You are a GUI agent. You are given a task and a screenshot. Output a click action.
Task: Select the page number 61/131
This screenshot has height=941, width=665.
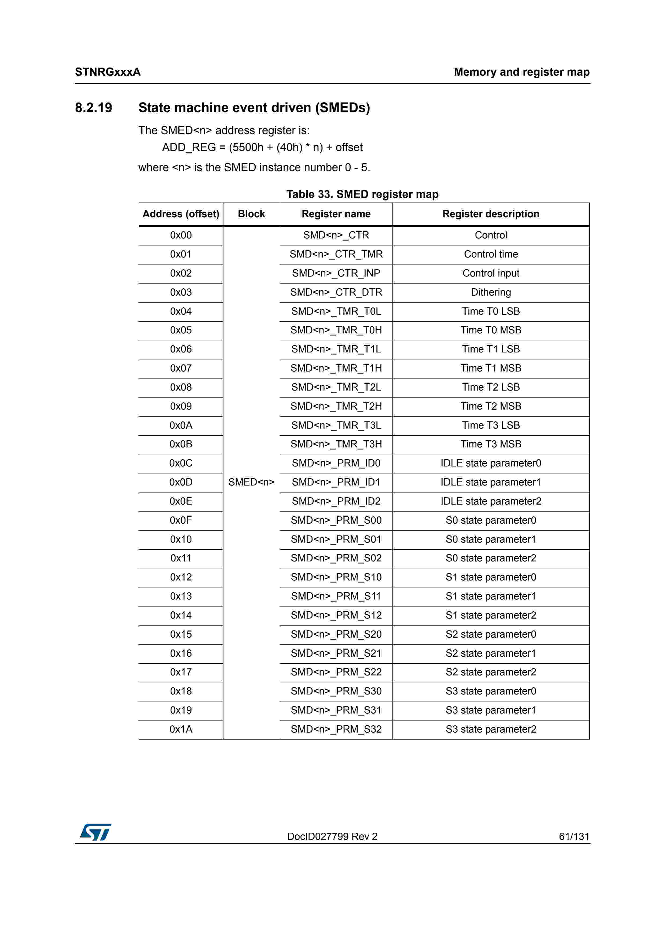pos(574,836)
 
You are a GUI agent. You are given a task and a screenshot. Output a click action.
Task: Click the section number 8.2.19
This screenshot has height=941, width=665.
pos(93,108)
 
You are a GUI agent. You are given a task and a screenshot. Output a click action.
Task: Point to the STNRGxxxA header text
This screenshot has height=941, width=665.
pos(108,72)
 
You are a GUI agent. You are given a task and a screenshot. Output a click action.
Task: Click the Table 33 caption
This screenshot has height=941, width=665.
pos(362,194)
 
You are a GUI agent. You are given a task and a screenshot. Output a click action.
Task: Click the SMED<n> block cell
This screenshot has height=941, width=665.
pos(251,482)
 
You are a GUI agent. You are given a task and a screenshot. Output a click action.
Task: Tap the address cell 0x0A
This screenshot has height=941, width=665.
pos(181,425)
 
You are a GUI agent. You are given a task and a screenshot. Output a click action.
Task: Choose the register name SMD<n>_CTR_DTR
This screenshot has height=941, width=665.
pos(336,292)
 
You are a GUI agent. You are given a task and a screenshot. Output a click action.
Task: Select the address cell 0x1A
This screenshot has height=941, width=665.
pos(181,729)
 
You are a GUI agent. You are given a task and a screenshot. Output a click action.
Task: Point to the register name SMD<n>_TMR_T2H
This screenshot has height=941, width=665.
pos(336,406)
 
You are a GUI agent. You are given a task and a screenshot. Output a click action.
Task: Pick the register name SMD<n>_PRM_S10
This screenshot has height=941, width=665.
pos(336,577)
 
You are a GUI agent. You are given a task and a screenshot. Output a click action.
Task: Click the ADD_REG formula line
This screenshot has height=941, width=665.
pos(262,148)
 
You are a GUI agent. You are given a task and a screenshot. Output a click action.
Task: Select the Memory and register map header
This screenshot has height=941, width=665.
pos(521,72)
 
